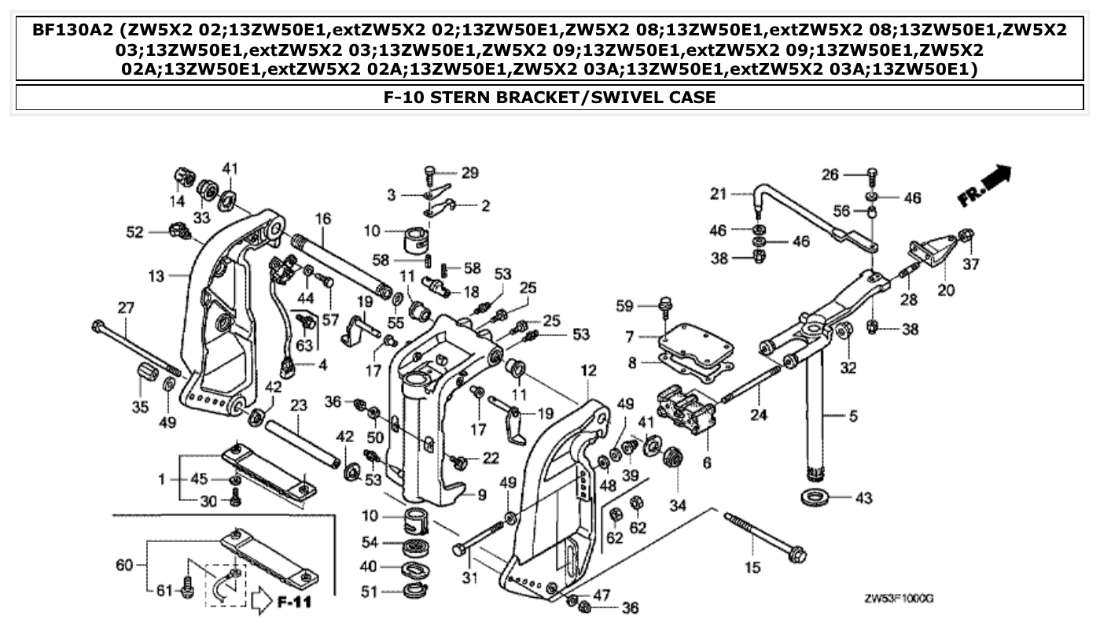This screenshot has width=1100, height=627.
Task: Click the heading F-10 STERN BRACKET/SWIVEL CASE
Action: (550, 98)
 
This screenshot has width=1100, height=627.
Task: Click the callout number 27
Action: (126, 308)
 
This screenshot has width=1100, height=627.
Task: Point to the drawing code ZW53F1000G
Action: (897, 599)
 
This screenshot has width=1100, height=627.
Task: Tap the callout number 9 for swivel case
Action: (482, 495)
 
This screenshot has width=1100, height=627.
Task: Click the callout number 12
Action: (589, 370)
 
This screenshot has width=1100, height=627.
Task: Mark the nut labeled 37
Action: (968, 234)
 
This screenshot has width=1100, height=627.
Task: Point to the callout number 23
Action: (298, 406)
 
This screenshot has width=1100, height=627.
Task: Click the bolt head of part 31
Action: (459, 548)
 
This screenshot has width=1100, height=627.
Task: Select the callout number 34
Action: (675, 503)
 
